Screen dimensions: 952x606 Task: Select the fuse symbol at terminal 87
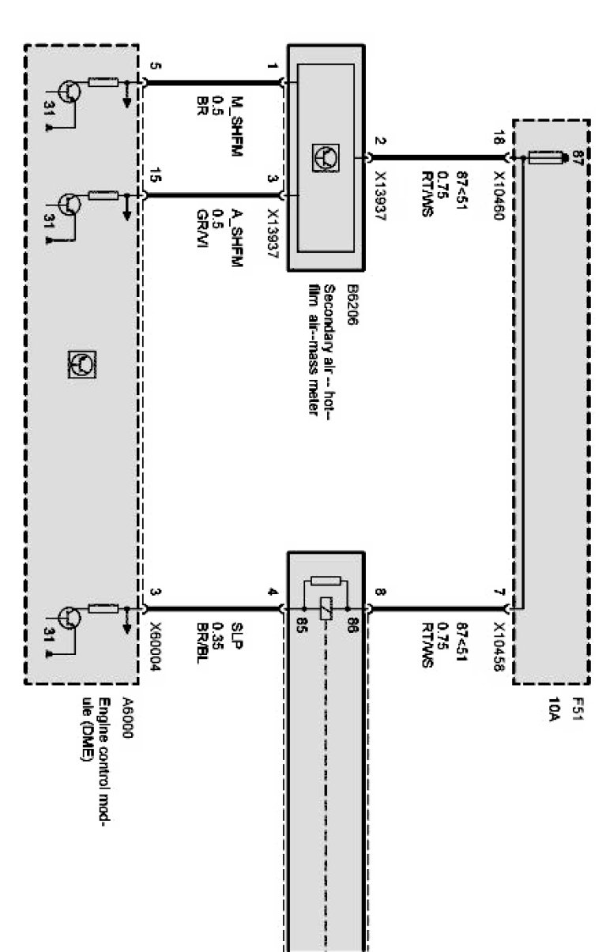(x=544, y=159)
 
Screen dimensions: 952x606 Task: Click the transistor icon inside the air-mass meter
(x=325, y=158)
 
